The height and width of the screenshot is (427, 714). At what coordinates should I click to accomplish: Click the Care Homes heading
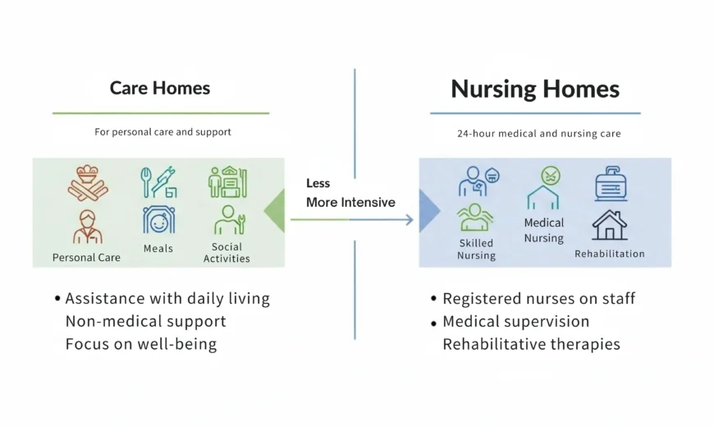coord(160,88)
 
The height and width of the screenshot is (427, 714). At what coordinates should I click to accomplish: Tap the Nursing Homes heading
coord(535,89)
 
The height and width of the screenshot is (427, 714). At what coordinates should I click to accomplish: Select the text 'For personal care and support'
coord(162,131)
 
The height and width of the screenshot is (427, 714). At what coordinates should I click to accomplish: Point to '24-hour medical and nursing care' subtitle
coord(538,133)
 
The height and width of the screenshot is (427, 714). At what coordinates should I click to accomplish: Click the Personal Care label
coord(86,257)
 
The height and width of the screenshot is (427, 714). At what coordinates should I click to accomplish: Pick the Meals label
coord(158,248)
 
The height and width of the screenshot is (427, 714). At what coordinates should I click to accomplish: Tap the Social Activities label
coord(227,252)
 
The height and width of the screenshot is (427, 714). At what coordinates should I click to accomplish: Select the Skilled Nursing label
coord(476,249)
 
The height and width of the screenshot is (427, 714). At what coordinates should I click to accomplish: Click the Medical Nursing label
coord(544,230)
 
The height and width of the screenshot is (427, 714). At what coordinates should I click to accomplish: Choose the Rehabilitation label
coord(609,254)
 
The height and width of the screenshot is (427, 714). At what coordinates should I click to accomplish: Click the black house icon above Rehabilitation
coord(609,224)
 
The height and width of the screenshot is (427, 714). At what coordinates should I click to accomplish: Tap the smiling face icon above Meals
coord(158,220)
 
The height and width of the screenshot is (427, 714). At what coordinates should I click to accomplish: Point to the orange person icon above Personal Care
coord(87,227)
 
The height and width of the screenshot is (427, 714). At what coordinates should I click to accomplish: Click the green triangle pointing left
coord(275,210)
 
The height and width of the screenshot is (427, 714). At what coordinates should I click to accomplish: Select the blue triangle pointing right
coord(428,211)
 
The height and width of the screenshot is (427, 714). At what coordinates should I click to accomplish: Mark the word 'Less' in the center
coord(318,183)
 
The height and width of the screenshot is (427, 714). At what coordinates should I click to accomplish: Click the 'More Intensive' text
coord(350,202)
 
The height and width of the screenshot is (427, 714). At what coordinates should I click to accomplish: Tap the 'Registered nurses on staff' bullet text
coord(538,299)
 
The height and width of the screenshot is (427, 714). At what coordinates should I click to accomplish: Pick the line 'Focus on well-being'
coord(141,343)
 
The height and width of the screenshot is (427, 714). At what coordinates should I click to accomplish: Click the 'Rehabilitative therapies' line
coord(531,344)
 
